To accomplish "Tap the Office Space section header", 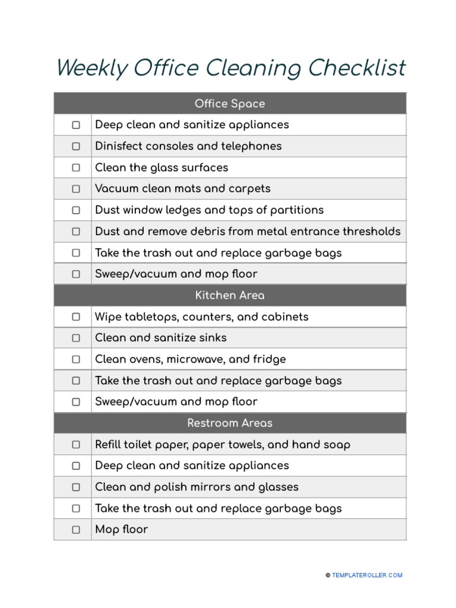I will pos(230,104).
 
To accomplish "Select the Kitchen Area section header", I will pos(230,295).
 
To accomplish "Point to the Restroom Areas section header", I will pos(230,423).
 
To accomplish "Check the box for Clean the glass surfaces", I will pos(76,168).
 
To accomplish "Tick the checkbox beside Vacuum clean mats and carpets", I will pos(76,189).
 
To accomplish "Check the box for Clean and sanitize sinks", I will pos(76,338).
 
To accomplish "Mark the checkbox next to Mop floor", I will pos(76,530).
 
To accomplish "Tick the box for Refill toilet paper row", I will pos(76,445).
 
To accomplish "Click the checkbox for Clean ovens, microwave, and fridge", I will pos(76,359).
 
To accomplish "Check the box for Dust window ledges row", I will pos(76,210).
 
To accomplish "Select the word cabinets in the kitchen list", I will pos(285,316).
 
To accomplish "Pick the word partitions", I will pos(294,210).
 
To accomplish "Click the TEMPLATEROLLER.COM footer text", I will pos(367,575).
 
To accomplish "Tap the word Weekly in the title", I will pos(91,68).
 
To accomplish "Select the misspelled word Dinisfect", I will pos(119,146).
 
